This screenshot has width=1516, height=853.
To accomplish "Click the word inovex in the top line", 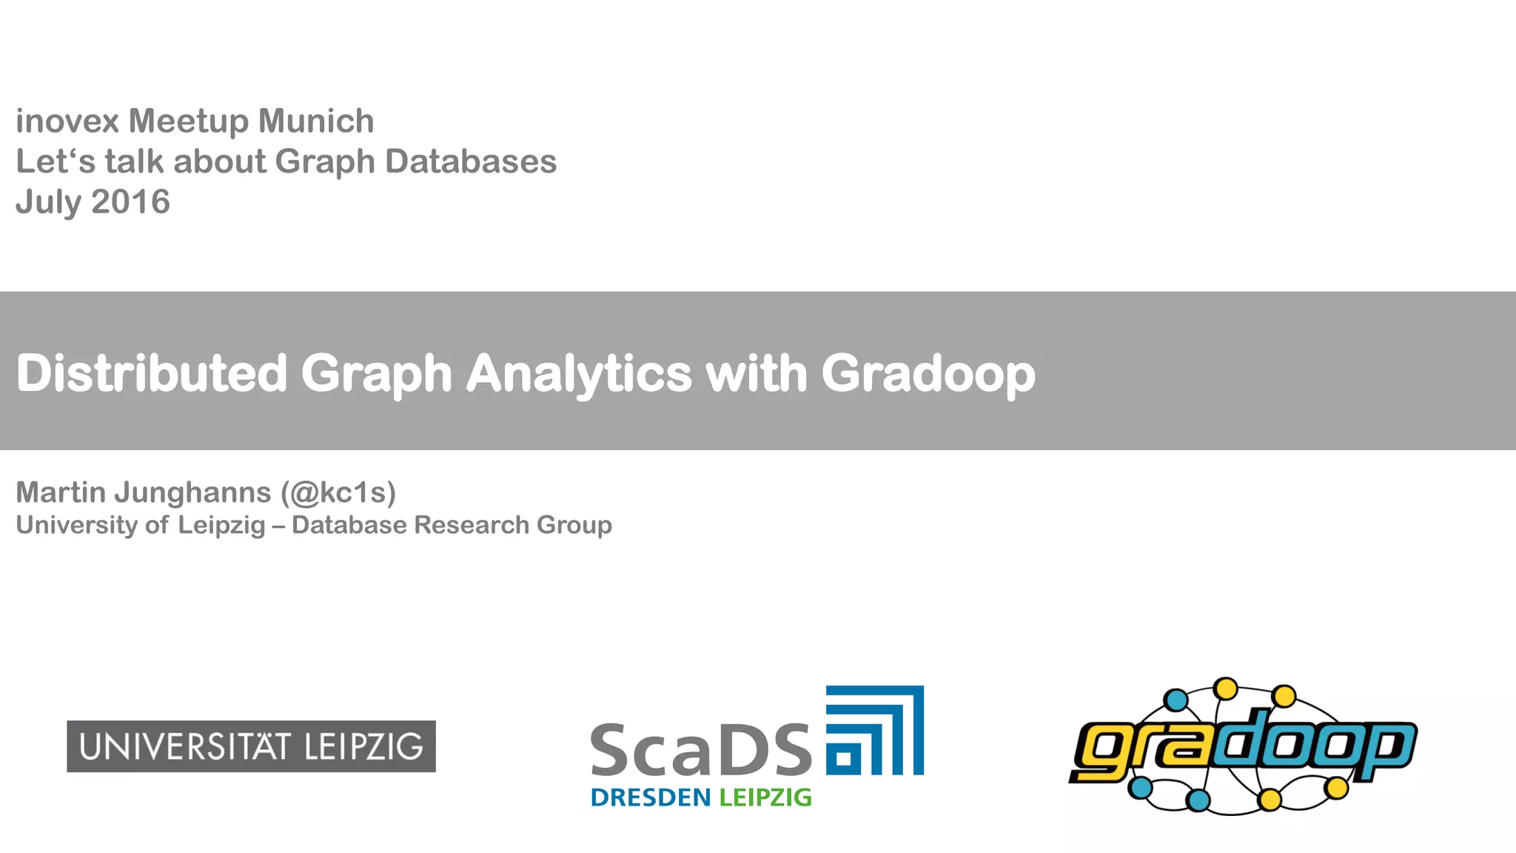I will point(67,121).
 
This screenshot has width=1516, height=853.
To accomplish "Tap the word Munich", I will point(316,121).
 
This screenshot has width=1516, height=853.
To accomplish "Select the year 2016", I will point(130,202).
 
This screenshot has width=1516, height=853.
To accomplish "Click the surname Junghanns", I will point(192,492).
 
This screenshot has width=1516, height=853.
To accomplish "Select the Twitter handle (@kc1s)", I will point(338,492).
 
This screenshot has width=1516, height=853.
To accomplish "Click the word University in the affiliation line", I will point(77,525).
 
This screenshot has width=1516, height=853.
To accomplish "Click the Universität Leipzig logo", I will point(251,746).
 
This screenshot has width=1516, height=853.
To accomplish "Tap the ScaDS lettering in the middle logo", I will point(701,751).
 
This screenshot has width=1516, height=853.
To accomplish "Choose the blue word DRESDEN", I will point(651,797).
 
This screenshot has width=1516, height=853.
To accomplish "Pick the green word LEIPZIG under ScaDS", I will point(765,797).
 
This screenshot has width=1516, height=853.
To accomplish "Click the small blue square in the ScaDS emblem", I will point(844,758).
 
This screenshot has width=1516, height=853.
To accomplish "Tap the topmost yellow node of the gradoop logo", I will point(1227,689).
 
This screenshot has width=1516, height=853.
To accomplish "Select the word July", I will point(49,202).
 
